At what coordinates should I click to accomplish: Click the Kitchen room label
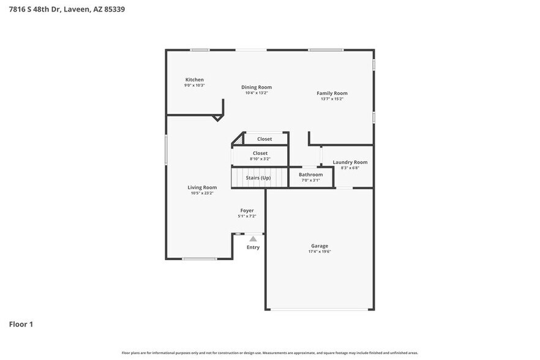pos(195,80)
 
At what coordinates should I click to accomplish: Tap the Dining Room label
pos(257,87)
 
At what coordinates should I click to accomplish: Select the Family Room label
pos(332,93)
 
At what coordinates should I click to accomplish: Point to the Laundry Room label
pos(350,162)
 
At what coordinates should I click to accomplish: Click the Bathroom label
pos(310,174)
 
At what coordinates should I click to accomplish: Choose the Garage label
pos(319,246)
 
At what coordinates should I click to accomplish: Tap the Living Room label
pos(202,187)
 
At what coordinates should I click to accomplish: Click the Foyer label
pos(247,211)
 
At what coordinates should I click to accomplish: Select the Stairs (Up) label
pos(258,178)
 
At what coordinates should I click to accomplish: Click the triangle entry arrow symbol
pos(253,238)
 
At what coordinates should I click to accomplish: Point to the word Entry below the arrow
pos(253,247)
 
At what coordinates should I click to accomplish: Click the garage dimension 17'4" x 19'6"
pos(319,251)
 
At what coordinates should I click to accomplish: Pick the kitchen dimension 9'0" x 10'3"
pos(195,85)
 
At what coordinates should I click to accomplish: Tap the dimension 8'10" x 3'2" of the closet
pos(260,159)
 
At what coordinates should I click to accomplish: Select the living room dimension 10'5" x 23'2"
pos(202,193)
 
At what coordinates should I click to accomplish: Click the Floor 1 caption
pos(21,324)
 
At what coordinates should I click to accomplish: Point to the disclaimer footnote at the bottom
pos(270,353)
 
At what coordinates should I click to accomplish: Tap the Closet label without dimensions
pos(264,139)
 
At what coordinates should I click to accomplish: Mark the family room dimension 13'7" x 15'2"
pos(332,99)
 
